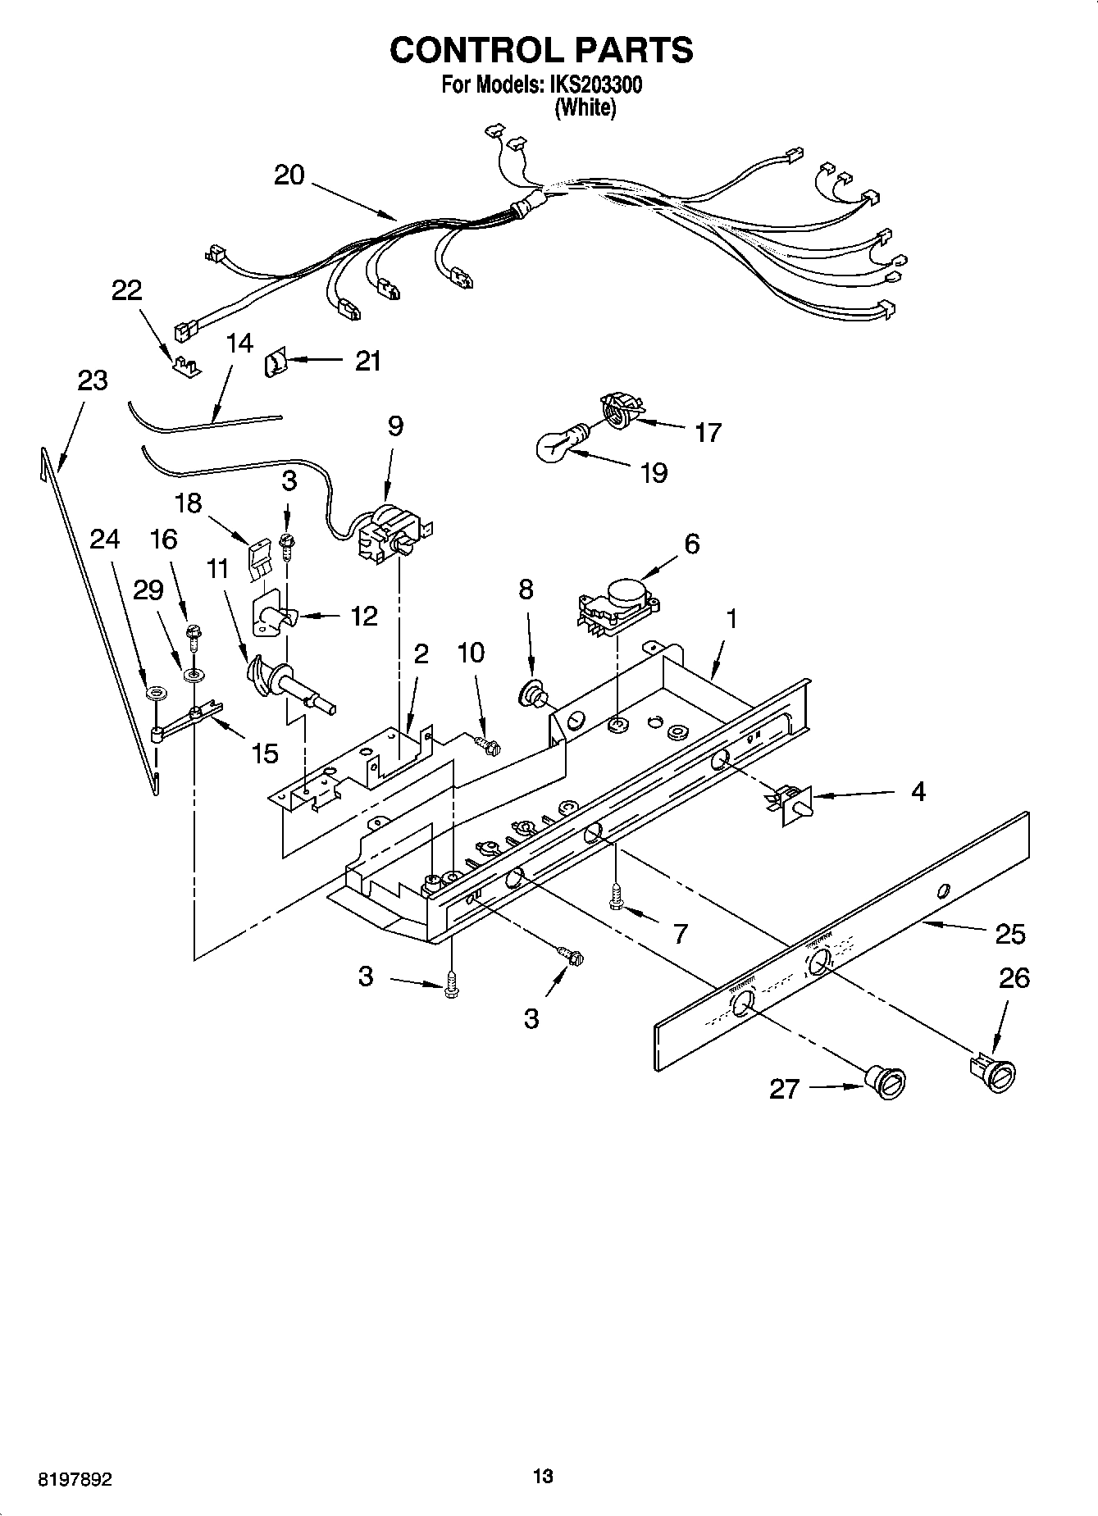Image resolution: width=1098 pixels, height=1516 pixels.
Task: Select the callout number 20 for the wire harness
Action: tap(289, 175)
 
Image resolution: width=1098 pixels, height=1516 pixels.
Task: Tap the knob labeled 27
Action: tap(887, 1081)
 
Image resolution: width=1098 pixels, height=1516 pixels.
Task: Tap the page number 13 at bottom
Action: tap(542, 1477)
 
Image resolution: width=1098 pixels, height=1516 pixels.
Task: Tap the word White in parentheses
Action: tap(585, 107)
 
